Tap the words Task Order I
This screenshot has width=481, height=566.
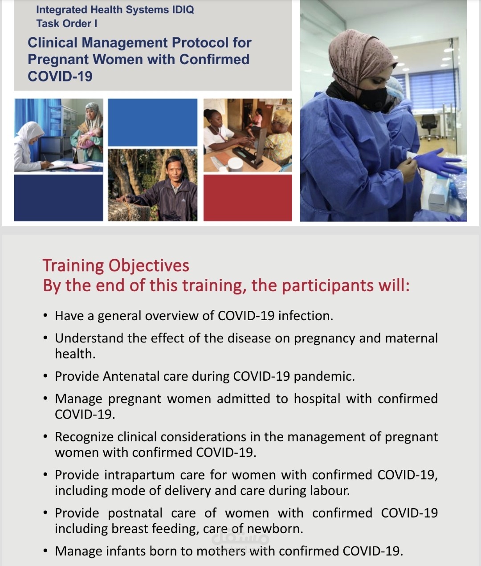[67, 24]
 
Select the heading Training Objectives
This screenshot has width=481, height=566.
[116, 265]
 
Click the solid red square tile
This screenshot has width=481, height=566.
[248, 197]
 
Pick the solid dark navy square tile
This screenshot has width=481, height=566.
[58, 197]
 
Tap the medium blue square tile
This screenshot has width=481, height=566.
[152, 122]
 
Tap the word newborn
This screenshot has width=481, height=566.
[274, 529]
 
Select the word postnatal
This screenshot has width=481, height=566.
[135, 513]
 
